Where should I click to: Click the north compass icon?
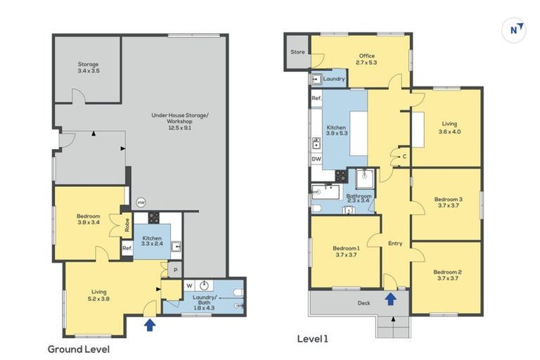coord(514,30)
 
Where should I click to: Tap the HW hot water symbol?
coord(141,202)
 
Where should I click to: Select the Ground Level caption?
coord(79,349)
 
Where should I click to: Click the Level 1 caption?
coord(313,339)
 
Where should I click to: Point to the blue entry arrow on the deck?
coord(390,299)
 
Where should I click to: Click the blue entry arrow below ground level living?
coord(150,325)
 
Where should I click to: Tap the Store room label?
coord(297,52)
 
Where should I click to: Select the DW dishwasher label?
coord(316,159)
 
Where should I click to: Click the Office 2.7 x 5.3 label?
coord(367,59)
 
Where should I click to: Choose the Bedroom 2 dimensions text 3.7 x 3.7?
coord(448,278)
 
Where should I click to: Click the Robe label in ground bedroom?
coord(127,225)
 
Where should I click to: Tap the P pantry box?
coord(175,271)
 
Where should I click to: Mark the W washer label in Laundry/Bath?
coord(189,285)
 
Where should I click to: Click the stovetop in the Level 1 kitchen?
coord(341,176)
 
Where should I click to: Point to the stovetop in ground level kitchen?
coord(153,218)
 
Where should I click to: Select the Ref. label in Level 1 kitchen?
coord(316,98)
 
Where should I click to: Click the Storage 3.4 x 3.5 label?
coord(89,67)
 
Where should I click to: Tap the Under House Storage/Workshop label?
coord(180,121)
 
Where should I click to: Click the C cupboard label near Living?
coord(405,157)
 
